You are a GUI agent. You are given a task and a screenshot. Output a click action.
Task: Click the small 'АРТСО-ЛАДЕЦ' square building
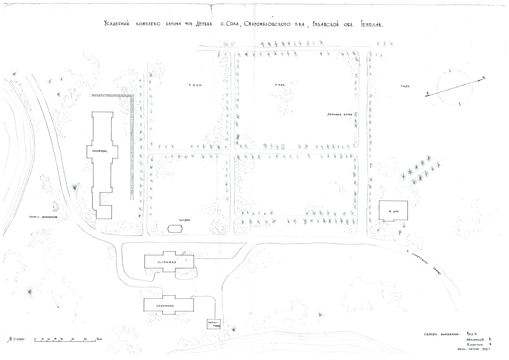coord(214,324)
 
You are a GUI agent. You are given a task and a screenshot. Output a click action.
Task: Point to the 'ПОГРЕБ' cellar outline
coord(175,229)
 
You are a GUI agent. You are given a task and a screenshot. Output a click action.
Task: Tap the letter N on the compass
coord(483,77)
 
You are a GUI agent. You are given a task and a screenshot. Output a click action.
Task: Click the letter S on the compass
coord(428,92)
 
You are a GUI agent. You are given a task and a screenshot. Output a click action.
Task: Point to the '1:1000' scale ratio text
coord(19,339)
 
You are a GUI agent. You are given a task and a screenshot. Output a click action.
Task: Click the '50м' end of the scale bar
coord(99,339)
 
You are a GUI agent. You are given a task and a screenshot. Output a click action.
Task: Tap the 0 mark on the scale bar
coord(35,339)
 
